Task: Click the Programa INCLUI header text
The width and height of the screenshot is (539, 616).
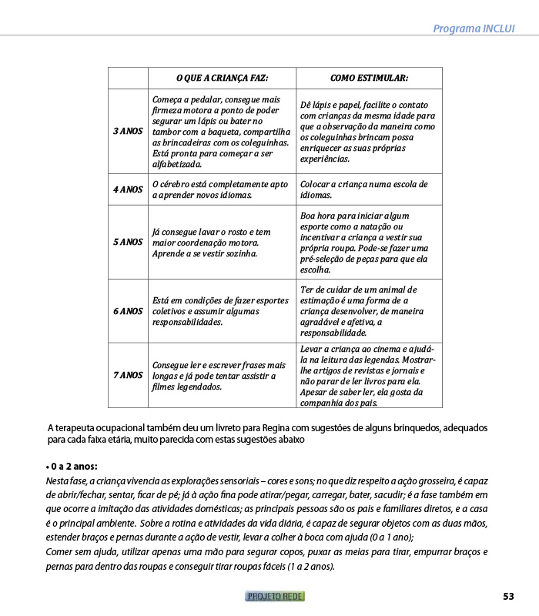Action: click(474, 28)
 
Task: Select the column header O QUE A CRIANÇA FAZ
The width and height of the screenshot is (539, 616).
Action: click(222, 78)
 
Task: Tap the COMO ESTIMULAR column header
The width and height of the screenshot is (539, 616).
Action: click(369, 78)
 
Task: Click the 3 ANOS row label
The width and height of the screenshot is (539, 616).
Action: click(128, 132)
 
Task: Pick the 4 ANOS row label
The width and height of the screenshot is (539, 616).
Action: click(128, 189)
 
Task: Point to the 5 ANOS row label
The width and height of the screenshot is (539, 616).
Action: click(128, 242)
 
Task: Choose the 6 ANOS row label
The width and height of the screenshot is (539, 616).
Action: click(128, 311)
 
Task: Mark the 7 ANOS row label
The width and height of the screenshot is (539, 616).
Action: click(128, 375)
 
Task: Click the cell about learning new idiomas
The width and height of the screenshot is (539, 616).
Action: click(221, 189)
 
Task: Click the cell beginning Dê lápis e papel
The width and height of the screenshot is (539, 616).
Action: click(368, 132)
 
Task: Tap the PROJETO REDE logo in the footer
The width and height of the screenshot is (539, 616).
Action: click(276, 596)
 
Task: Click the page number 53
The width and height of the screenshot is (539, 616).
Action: click(508, 596)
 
